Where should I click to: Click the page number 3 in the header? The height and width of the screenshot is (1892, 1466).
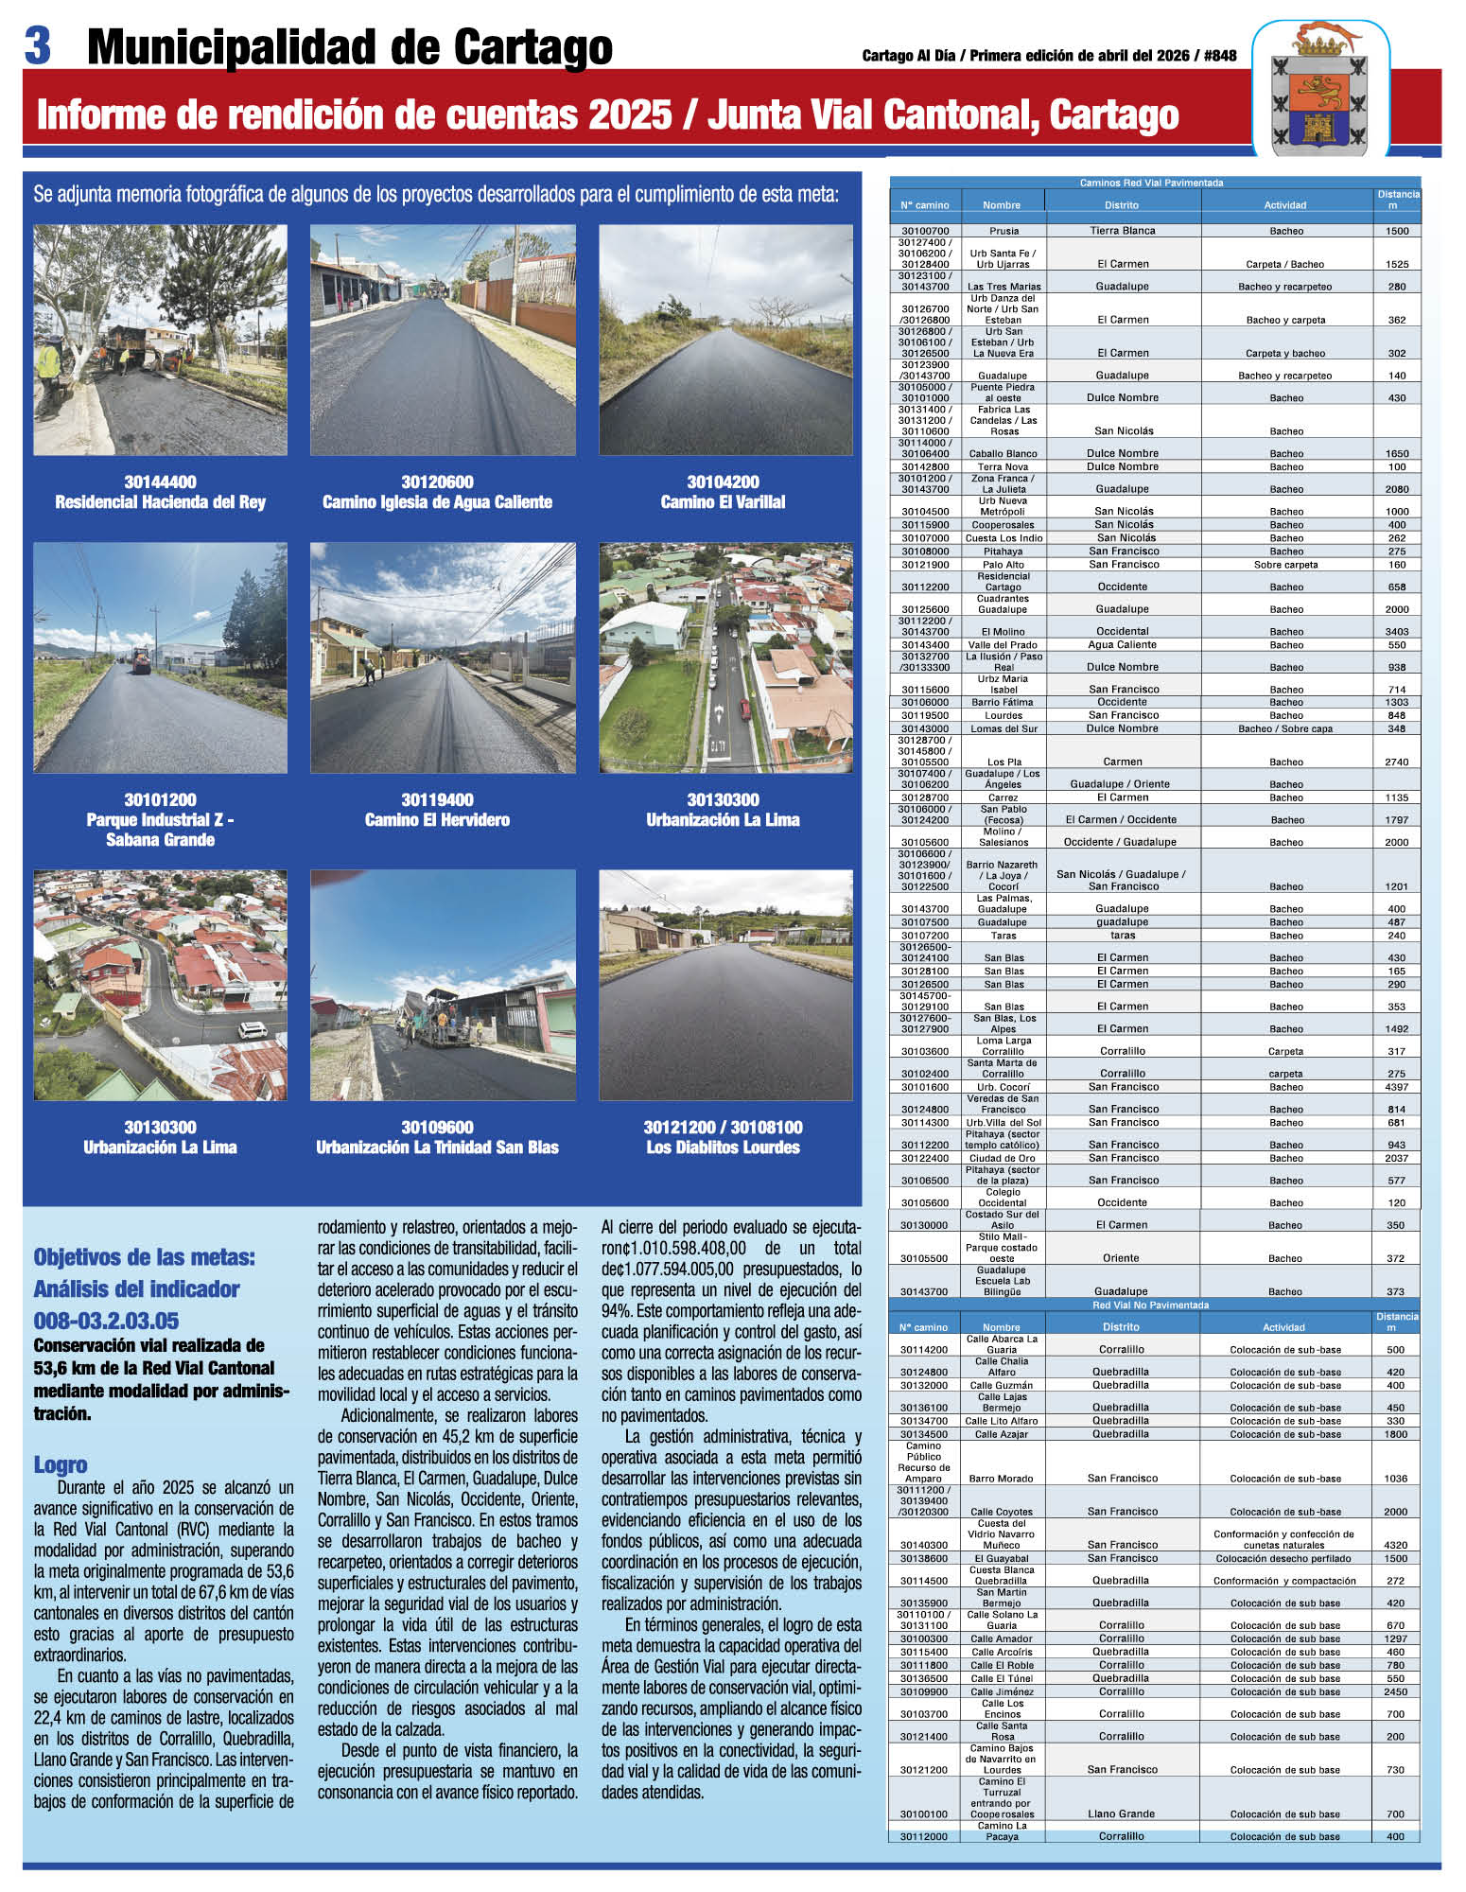click(x=37, y=45)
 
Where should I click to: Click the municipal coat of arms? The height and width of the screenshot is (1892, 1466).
click(x=1320, y=91)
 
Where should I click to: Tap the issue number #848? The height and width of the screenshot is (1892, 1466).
click(x=1220, y=56)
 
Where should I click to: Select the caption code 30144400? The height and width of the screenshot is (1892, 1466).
click(x=160, y=482)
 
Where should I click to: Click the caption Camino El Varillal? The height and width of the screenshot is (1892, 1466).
click(x=723, y=502)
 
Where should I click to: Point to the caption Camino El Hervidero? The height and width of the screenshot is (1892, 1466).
click(x=437, y=820)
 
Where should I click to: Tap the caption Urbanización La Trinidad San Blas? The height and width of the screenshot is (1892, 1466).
click(x=437, y=1147)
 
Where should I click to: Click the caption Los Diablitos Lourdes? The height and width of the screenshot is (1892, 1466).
click(x=723, y=1147)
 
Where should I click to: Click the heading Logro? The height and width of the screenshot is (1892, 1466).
click(x=61, y=1464)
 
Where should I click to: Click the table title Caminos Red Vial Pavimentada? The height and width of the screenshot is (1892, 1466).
click(x=1151, y=183)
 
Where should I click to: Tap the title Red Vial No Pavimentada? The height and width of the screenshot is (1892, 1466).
click(x=1150, y=1305)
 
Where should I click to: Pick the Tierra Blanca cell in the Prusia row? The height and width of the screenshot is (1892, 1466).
click(x=1122, y=231)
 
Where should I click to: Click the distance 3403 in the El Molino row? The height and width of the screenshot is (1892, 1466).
click(x=1396, y=632)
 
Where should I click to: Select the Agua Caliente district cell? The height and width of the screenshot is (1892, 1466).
click(x=1122, y=645)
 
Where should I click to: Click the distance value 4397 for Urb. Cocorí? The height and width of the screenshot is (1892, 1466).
click(x=1396, y=1087)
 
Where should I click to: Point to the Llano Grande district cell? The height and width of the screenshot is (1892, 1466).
click(x=1121, y=1813)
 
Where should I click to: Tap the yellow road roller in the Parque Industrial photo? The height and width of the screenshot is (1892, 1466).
click(x=139, y=658)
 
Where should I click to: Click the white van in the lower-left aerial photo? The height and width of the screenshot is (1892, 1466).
click(x=252, y=1029)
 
